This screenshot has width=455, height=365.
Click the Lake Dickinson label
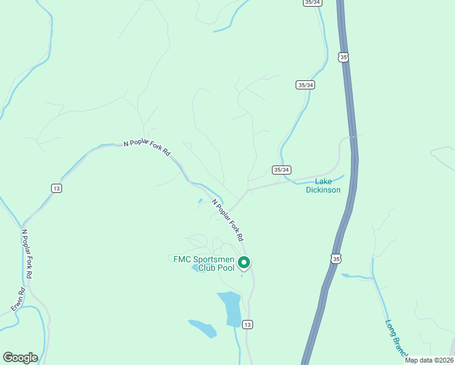tap(322, 186)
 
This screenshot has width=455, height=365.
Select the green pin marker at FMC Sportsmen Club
tap(244, 263)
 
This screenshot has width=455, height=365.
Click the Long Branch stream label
tap(395, 338)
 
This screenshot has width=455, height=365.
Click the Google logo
tap(20, 358)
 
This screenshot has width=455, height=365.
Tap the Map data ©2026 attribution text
tap(428, 360)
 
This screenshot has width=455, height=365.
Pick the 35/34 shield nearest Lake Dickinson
tap(281, 170)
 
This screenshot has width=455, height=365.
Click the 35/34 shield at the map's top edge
tap(311, 2)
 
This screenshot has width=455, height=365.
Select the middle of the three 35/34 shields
tap(306, 85)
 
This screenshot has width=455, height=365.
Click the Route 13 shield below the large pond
tap(248, 324)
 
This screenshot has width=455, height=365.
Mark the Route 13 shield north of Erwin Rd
tap(57, 189)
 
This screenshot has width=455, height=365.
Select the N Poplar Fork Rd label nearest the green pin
tap(227, 219)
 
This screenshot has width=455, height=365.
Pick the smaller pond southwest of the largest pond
tap(203, 328)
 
